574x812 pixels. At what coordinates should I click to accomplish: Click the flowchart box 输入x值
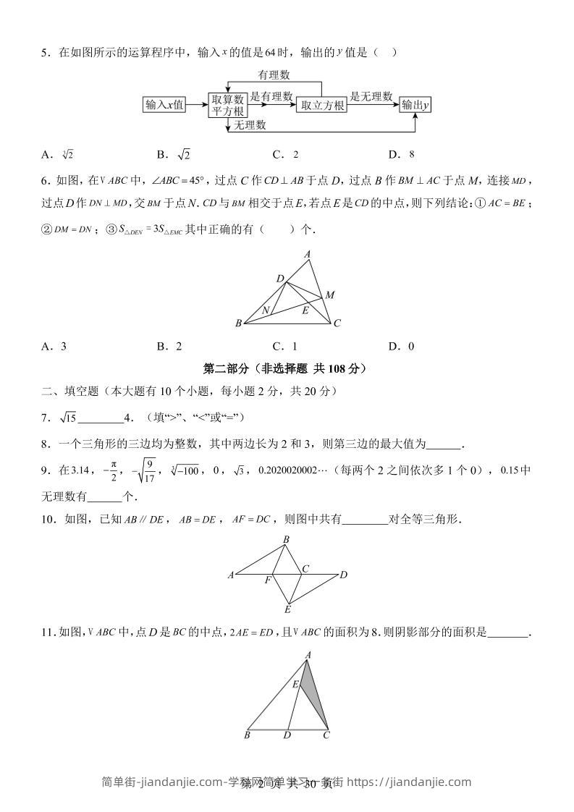pos(164,105)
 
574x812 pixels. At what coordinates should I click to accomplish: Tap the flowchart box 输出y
pos(415,105)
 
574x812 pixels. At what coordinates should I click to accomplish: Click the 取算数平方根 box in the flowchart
pos(228,105)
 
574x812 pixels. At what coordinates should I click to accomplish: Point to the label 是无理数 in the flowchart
pos(371,96)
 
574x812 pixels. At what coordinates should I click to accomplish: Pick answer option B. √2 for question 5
pos(174,154)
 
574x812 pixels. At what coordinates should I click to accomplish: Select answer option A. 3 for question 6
pos(54,346)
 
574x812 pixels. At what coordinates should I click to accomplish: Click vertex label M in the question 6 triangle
pos(329,295)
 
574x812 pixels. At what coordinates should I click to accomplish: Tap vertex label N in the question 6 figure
pos(266,310)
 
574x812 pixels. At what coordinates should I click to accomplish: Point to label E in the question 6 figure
pos(305,311)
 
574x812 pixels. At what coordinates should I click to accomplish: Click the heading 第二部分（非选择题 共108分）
pos(286,368)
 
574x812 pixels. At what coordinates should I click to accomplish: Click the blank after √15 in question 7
pos(100,418)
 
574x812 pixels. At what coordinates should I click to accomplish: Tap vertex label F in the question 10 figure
pos(267,580)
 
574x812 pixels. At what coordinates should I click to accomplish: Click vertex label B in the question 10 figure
pos(286,540)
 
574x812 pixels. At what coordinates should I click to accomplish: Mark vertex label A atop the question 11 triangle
pos(308,655)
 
